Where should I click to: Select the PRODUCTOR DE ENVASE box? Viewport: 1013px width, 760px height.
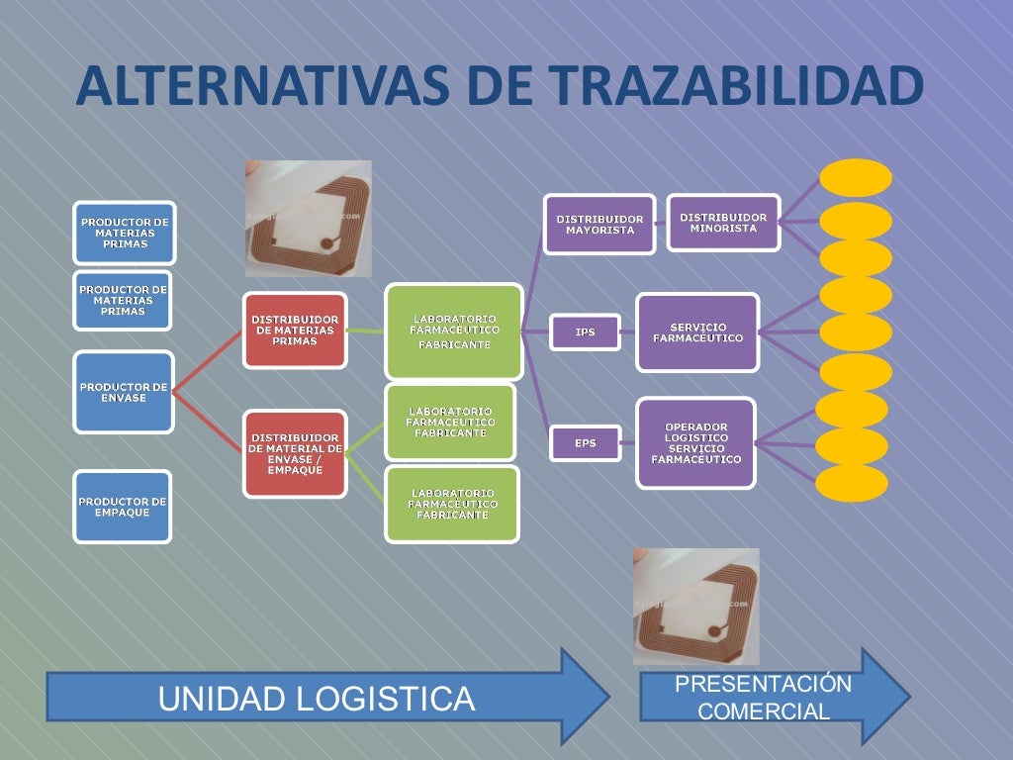(x=124, y=392)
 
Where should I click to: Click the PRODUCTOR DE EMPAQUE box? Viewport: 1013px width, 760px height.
(x=123, y=507)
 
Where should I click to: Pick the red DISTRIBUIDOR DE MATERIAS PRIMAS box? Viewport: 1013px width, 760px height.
(x=295, y=331)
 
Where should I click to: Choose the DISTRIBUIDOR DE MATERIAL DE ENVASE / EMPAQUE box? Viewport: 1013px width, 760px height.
(x=295, y=453)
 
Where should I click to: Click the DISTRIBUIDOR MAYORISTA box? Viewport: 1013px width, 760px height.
(x=599, y=224)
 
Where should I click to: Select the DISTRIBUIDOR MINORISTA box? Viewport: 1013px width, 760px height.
(x=723, y=223)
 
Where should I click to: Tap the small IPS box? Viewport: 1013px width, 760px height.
(x=585, y=332)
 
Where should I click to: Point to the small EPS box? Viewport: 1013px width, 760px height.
(x=585, y=443)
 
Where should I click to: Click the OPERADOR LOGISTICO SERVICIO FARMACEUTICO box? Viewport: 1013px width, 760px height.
(x=695, y=443)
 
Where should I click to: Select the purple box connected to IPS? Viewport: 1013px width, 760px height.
(x=697, y=332)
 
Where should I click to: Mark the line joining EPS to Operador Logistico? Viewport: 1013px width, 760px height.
(x=629, y=443)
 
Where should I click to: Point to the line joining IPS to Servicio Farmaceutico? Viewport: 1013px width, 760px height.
(x=628, y=332)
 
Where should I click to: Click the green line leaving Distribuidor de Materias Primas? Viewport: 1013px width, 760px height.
(x=366, y=331)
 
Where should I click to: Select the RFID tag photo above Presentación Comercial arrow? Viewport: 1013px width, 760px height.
(x=696, y=606)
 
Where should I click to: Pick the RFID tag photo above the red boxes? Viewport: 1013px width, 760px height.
(x=309, y=218)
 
